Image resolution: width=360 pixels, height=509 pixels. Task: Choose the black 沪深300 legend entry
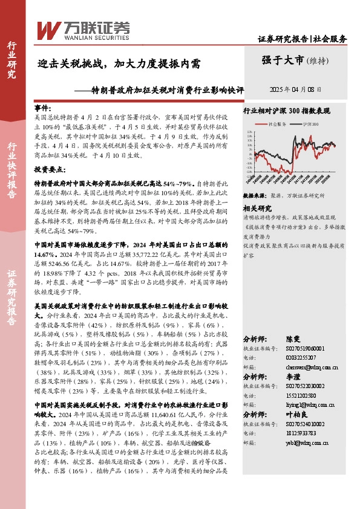coord(308,123)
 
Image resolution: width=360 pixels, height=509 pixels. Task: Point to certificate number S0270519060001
coord(306,348)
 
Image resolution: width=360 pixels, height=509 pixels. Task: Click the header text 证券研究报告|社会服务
coord(302,39)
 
